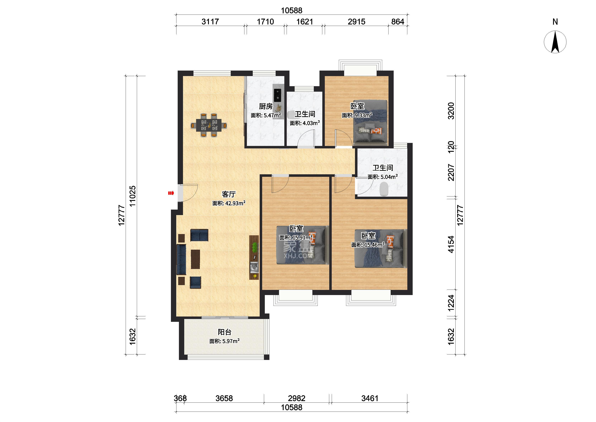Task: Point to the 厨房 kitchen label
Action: pyautogui.click(x=266, y=106)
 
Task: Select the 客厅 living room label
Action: pyautogui.click(x=229, y=194)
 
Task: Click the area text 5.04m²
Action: pyautogui.click(x=389, y=177)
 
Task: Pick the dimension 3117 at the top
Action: pyautogui.click(x=210, y=22)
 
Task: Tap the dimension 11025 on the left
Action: pyautogui.click(x=133, y=196)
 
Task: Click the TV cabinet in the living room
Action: pyautogui.click(x=254, y=257)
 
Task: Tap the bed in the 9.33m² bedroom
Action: pyautogui.click(x=370, y=123)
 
